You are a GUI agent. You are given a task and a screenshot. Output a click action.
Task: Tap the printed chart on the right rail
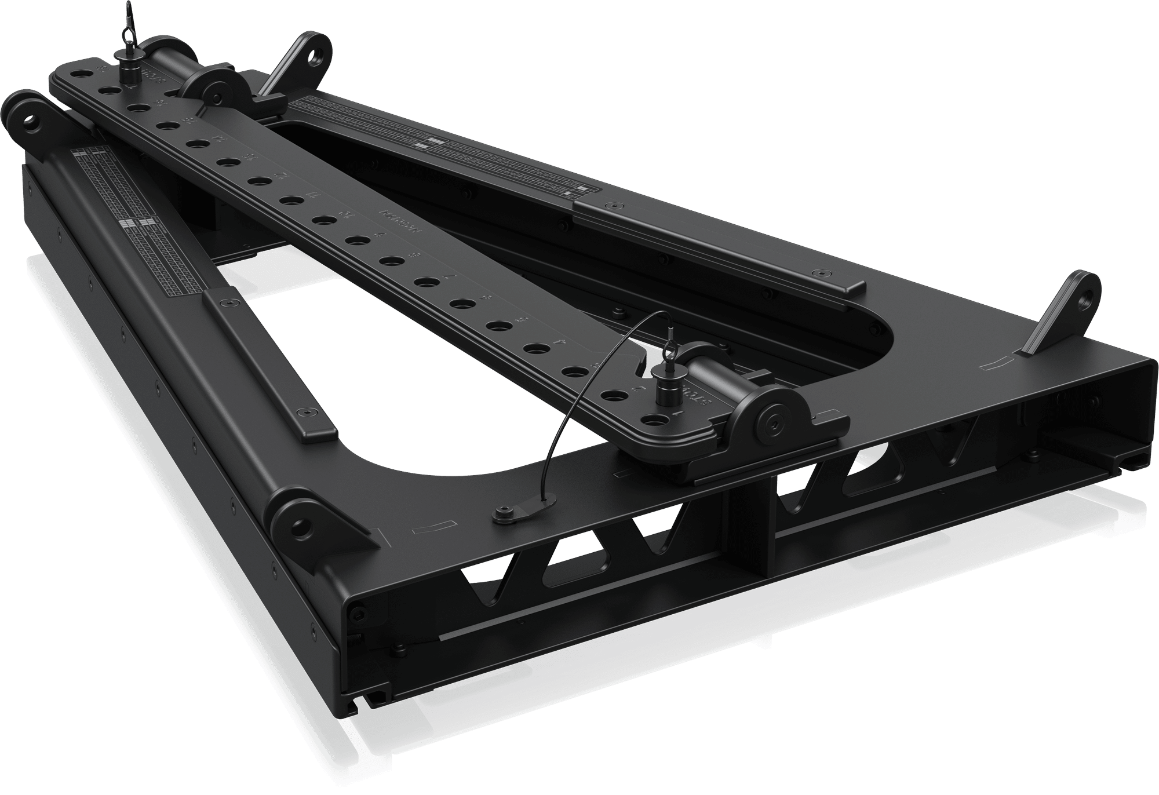(x=440, y=145)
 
